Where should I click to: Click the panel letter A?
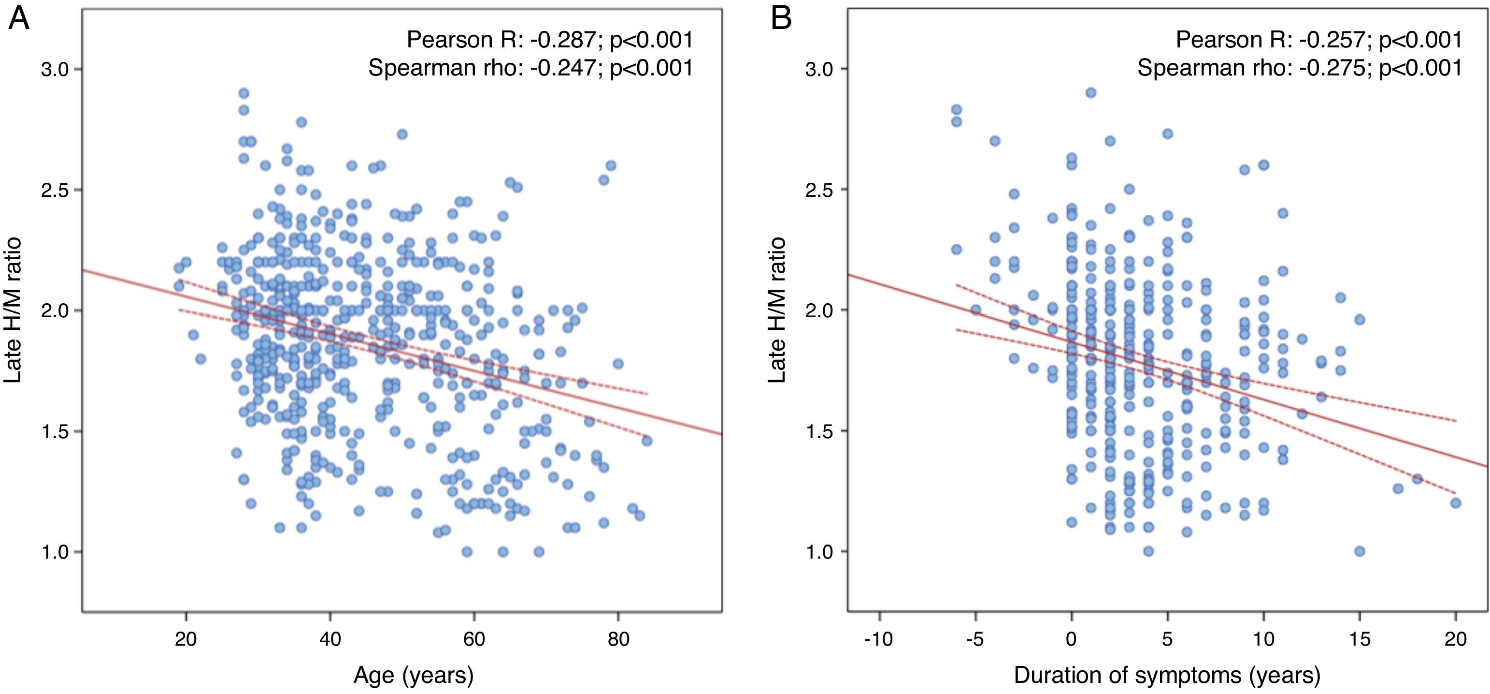19,20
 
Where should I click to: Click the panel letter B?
781,20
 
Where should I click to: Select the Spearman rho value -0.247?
563,68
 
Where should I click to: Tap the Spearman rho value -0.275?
1332,68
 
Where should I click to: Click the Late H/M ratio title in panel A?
13,310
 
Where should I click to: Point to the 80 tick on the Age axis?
618,639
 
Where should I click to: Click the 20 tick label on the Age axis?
186,639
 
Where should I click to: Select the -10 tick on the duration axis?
879,639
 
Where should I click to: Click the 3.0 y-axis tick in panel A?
55,70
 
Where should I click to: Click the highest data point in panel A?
244,93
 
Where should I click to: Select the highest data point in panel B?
1091,92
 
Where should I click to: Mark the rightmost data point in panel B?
1456,503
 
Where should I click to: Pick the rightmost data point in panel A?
646,441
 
